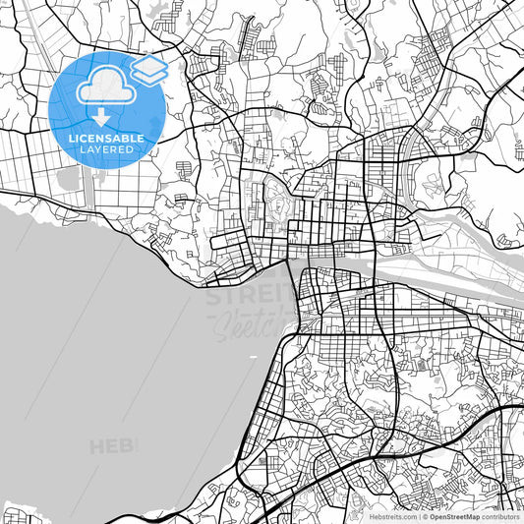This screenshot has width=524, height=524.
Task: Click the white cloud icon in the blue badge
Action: tap(105, 86)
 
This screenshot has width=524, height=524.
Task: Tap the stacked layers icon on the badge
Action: tap(148, 68)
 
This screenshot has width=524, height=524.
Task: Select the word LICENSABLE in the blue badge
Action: tap(106, 139)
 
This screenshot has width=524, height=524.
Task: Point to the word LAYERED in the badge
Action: tap(106, 150)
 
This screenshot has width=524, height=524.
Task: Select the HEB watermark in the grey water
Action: tap(113, 447)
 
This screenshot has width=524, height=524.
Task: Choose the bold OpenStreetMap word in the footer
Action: tap(459, 515)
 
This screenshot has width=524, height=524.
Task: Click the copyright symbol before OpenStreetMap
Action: tap(425, 515)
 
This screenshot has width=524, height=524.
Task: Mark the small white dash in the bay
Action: tap(253, 355)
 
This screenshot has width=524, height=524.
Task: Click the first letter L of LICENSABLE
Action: tap(70, 139)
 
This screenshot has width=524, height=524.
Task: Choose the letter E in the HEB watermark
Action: tap(114, 447)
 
